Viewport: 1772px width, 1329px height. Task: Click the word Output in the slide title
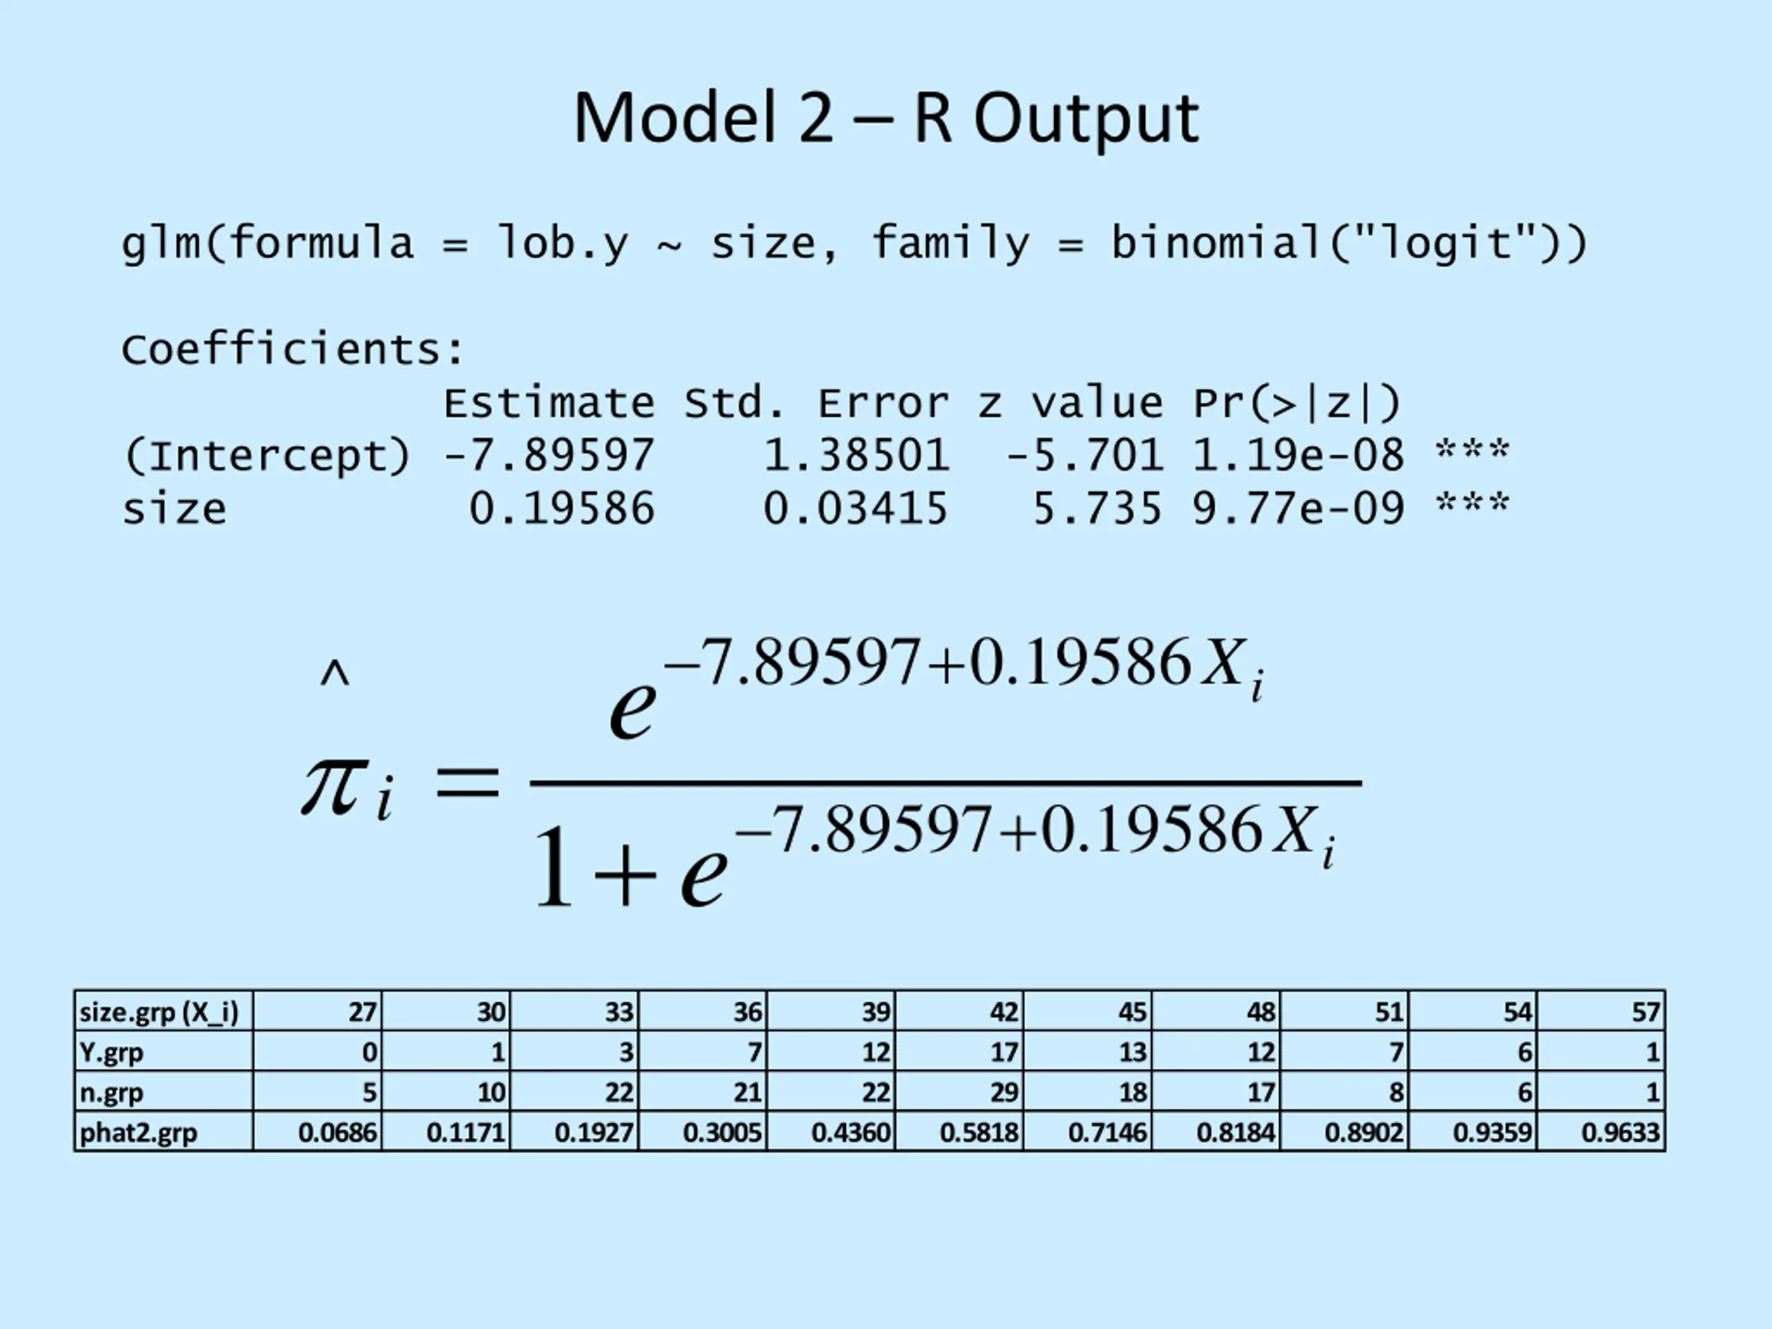point(1086,118)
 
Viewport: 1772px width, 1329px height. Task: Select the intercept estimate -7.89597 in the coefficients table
point(549,456)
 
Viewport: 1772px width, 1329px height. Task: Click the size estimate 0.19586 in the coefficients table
point(561,509)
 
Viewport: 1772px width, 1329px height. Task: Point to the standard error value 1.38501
point(856,456)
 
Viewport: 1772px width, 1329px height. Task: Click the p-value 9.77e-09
point(1299,509)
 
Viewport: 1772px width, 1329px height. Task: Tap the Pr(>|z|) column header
point(1297,403)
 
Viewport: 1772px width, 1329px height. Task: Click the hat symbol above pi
point(335,674)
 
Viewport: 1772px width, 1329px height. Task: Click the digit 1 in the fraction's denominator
point(554,869)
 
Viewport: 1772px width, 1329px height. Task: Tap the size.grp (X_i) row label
point(159,1012)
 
